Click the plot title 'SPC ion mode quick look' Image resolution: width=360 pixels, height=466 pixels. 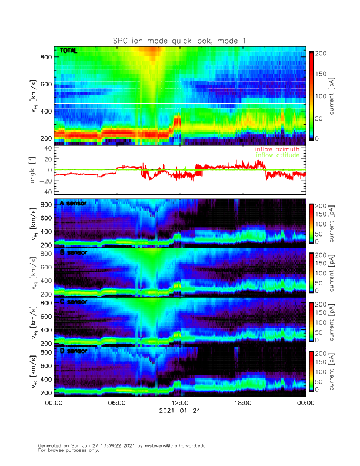(180, 40)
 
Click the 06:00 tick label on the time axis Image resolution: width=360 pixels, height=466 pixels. (116, 404)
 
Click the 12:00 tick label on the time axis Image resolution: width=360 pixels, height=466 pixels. (179, 404)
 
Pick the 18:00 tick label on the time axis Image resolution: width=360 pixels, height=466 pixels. (242, 404)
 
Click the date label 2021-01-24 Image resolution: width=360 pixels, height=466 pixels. (179, 412)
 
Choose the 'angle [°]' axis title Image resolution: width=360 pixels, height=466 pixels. (34, 170)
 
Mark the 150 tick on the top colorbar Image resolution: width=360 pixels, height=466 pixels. (322, 74)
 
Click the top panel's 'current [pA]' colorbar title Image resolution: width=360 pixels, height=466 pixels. (332, 96)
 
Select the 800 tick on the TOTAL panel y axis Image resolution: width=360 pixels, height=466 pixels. (46, 56)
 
